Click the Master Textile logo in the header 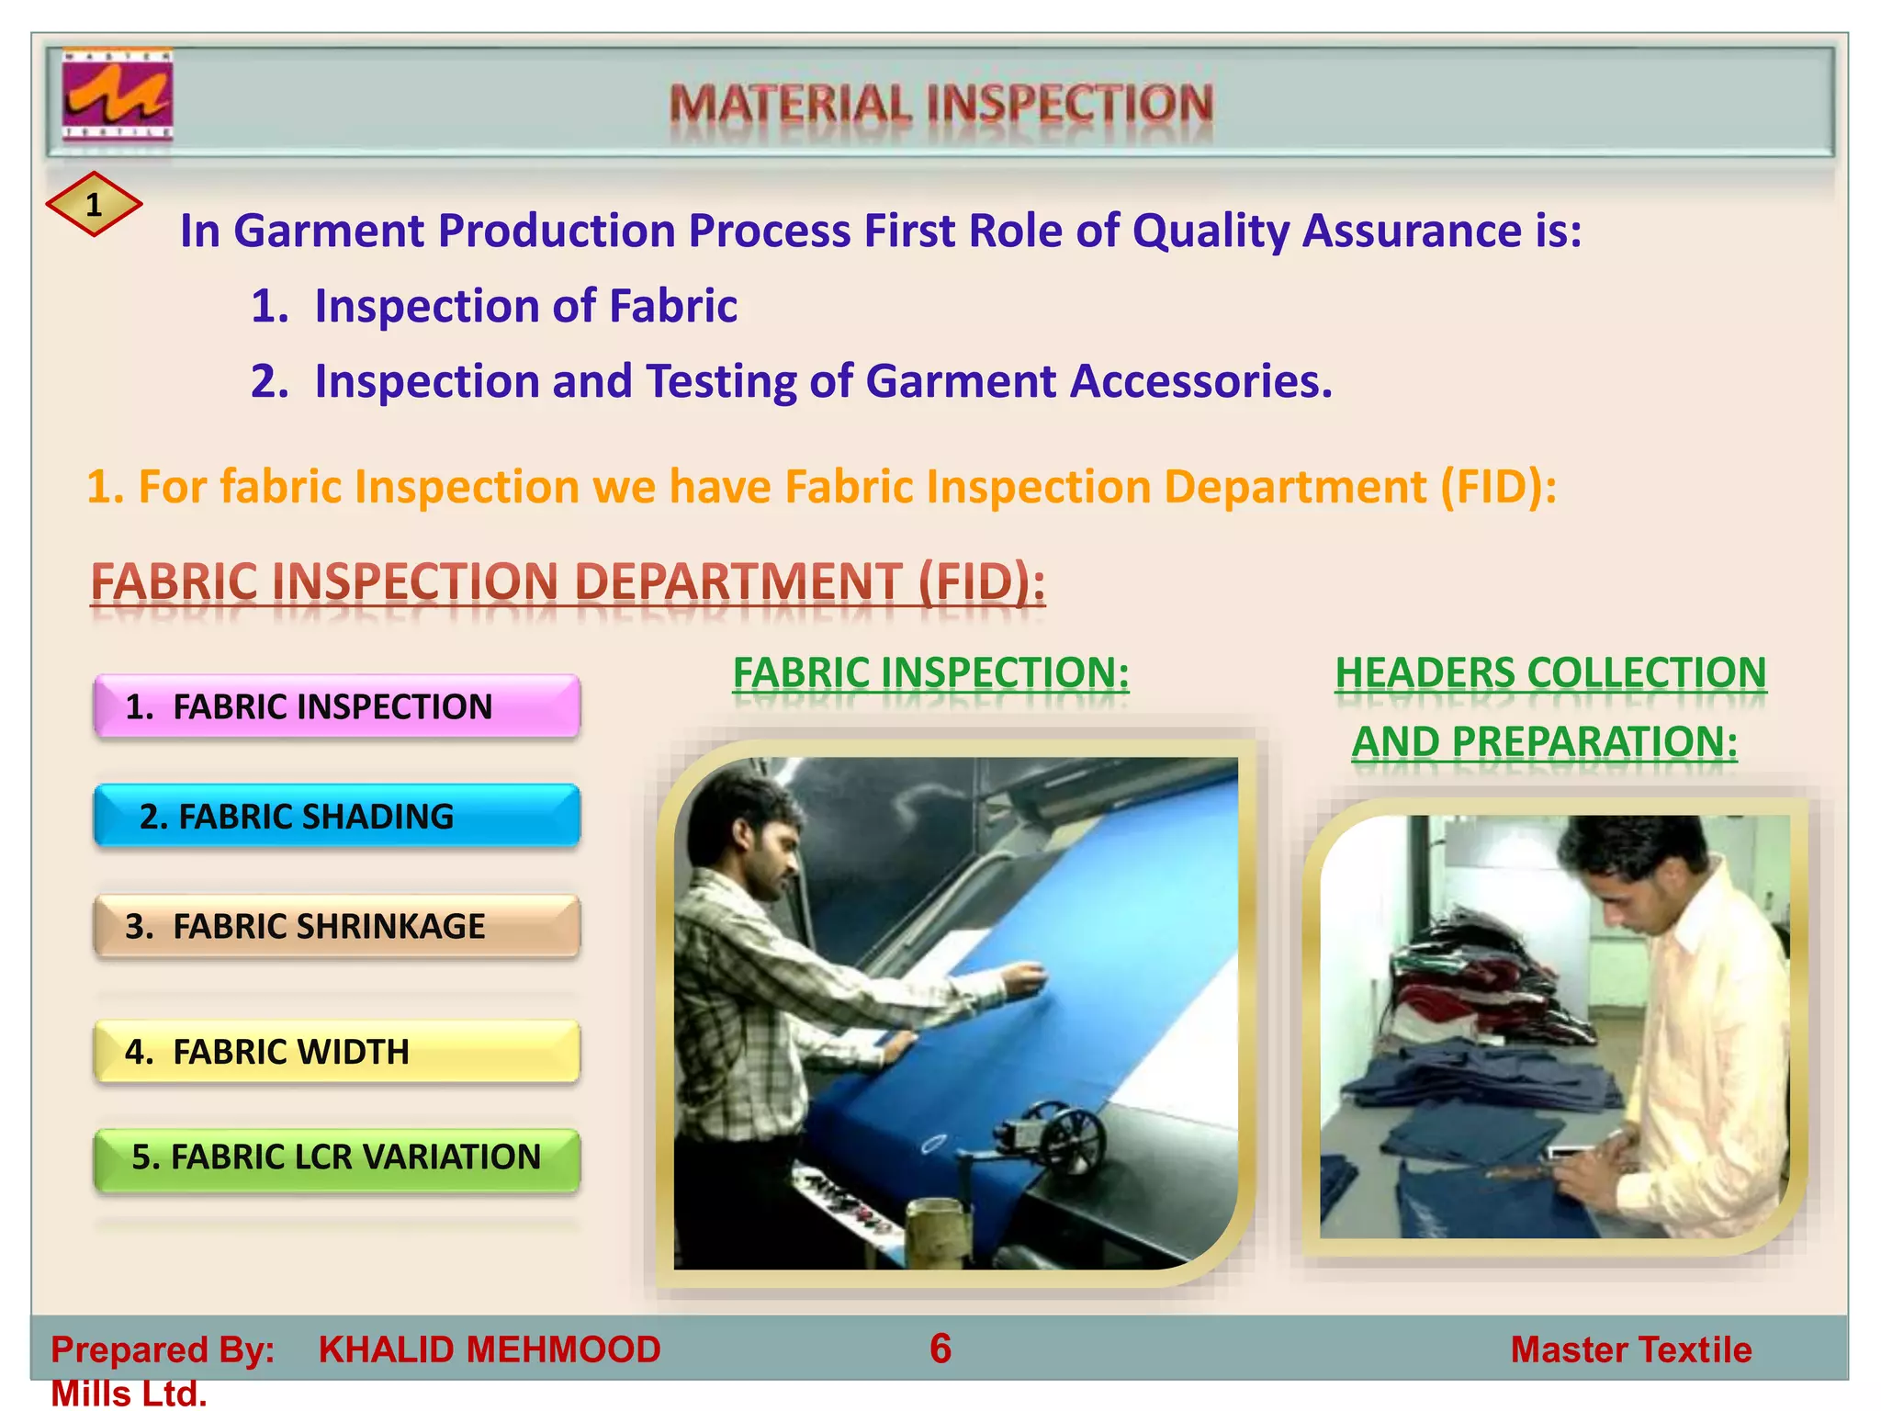point(117,96)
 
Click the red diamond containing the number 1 point(94,204)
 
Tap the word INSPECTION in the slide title point(1070,103)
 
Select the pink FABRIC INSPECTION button point(336,706)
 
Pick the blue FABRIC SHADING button point(336,816)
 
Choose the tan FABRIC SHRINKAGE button point(336,926)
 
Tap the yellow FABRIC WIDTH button point(336,1051)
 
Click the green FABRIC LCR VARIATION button point(336,1157)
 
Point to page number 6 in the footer point(940,1349)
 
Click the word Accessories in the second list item point(1200,381)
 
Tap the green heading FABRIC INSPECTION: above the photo point(930,673)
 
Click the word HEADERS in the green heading point(1426,673)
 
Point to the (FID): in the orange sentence point(1498,486)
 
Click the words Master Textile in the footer point(1630,1349)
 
